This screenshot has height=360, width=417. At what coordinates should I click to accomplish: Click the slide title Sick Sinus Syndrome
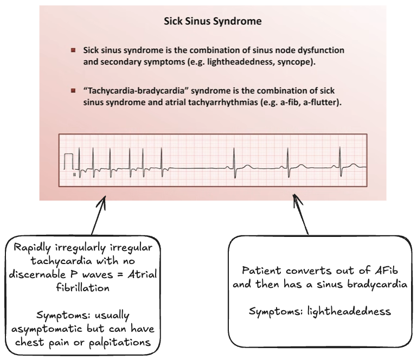pyautogui.click(x=213, y=22)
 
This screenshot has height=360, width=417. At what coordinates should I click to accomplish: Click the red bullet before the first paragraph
pyautogui.click(x=73, y=50)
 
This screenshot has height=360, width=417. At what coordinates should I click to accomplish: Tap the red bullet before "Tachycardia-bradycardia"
pyautogui.click(x=73, y=90)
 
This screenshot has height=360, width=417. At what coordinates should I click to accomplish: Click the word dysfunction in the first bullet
pyautogui.click(x=319, y=50)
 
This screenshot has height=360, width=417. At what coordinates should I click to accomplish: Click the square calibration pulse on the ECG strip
pyautogui.click(x=69, y=161)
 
